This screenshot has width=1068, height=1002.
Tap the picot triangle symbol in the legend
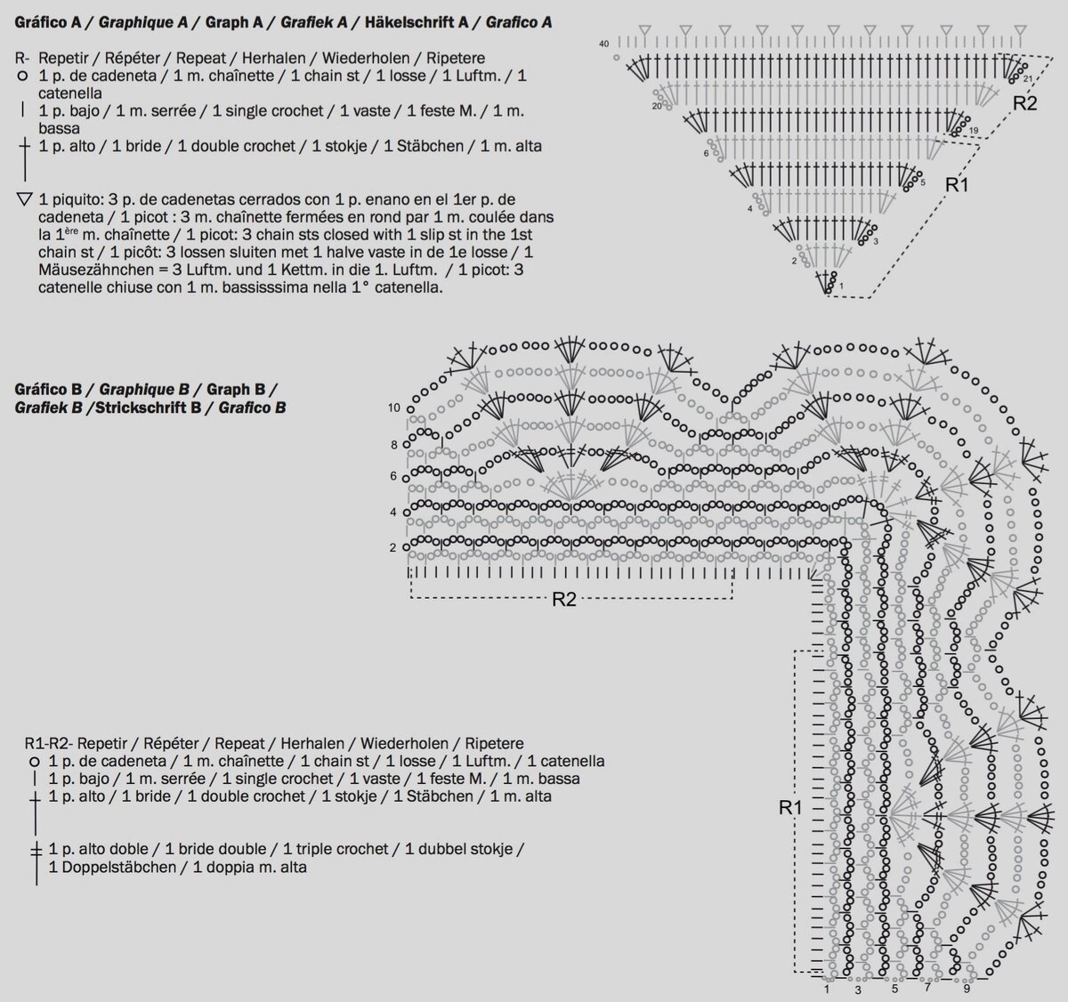(x=24, y=199)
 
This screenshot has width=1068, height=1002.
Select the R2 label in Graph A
(x=1025, y=103)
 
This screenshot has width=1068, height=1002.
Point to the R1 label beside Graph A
(x=957, y=185)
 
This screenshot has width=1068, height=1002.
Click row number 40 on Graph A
(x=604, y=44)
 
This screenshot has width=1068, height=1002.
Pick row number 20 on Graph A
(x=657, y=106)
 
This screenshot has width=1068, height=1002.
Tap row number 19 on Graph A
(x=974, y=131)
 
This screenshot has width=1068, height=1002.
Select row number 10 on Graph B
(x=394, y=408)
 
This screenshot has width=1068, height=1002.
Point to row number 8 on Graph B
(x=392, y=444)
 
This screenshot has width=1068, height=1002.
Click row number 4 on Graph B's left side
(x=392, y=512)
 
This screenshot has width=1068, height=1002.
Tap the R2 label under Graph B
(x=564, y=599)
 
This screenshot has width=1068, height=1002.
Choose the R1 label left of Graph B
(x=790, y=808)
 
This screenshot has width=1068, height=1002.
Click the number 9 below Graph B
(x=967, y=989)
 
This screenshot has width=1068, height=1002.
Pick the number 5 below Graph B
(x=894, y=989)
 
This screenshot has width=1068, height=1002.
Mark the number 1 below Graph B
(x=827, y=989)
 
